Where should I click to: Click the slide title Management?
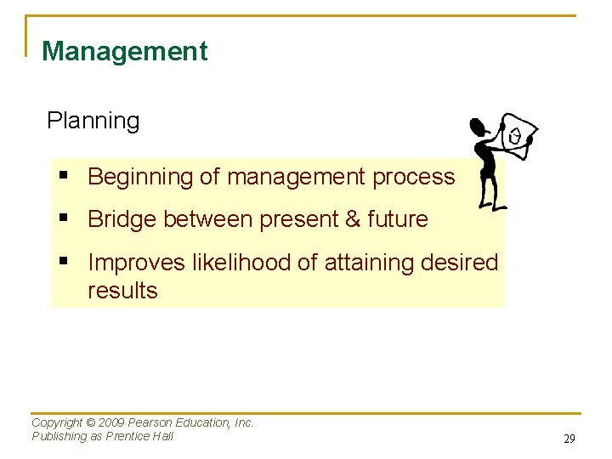124,51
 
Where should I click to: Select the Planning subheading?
93,121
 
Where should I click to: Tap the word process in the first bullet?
415,177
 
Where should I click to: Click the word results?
122,291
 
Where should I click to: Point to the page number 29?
569,439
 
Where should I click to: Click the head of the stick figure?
479,128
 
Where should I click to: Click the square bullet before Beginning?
65,177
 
